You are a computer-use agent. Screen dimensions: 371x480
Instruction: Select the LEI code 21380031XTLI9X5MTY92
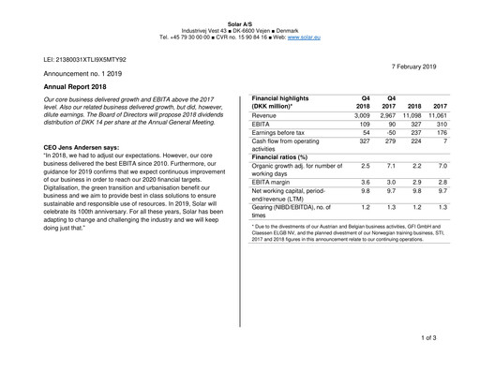(85, 59)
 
